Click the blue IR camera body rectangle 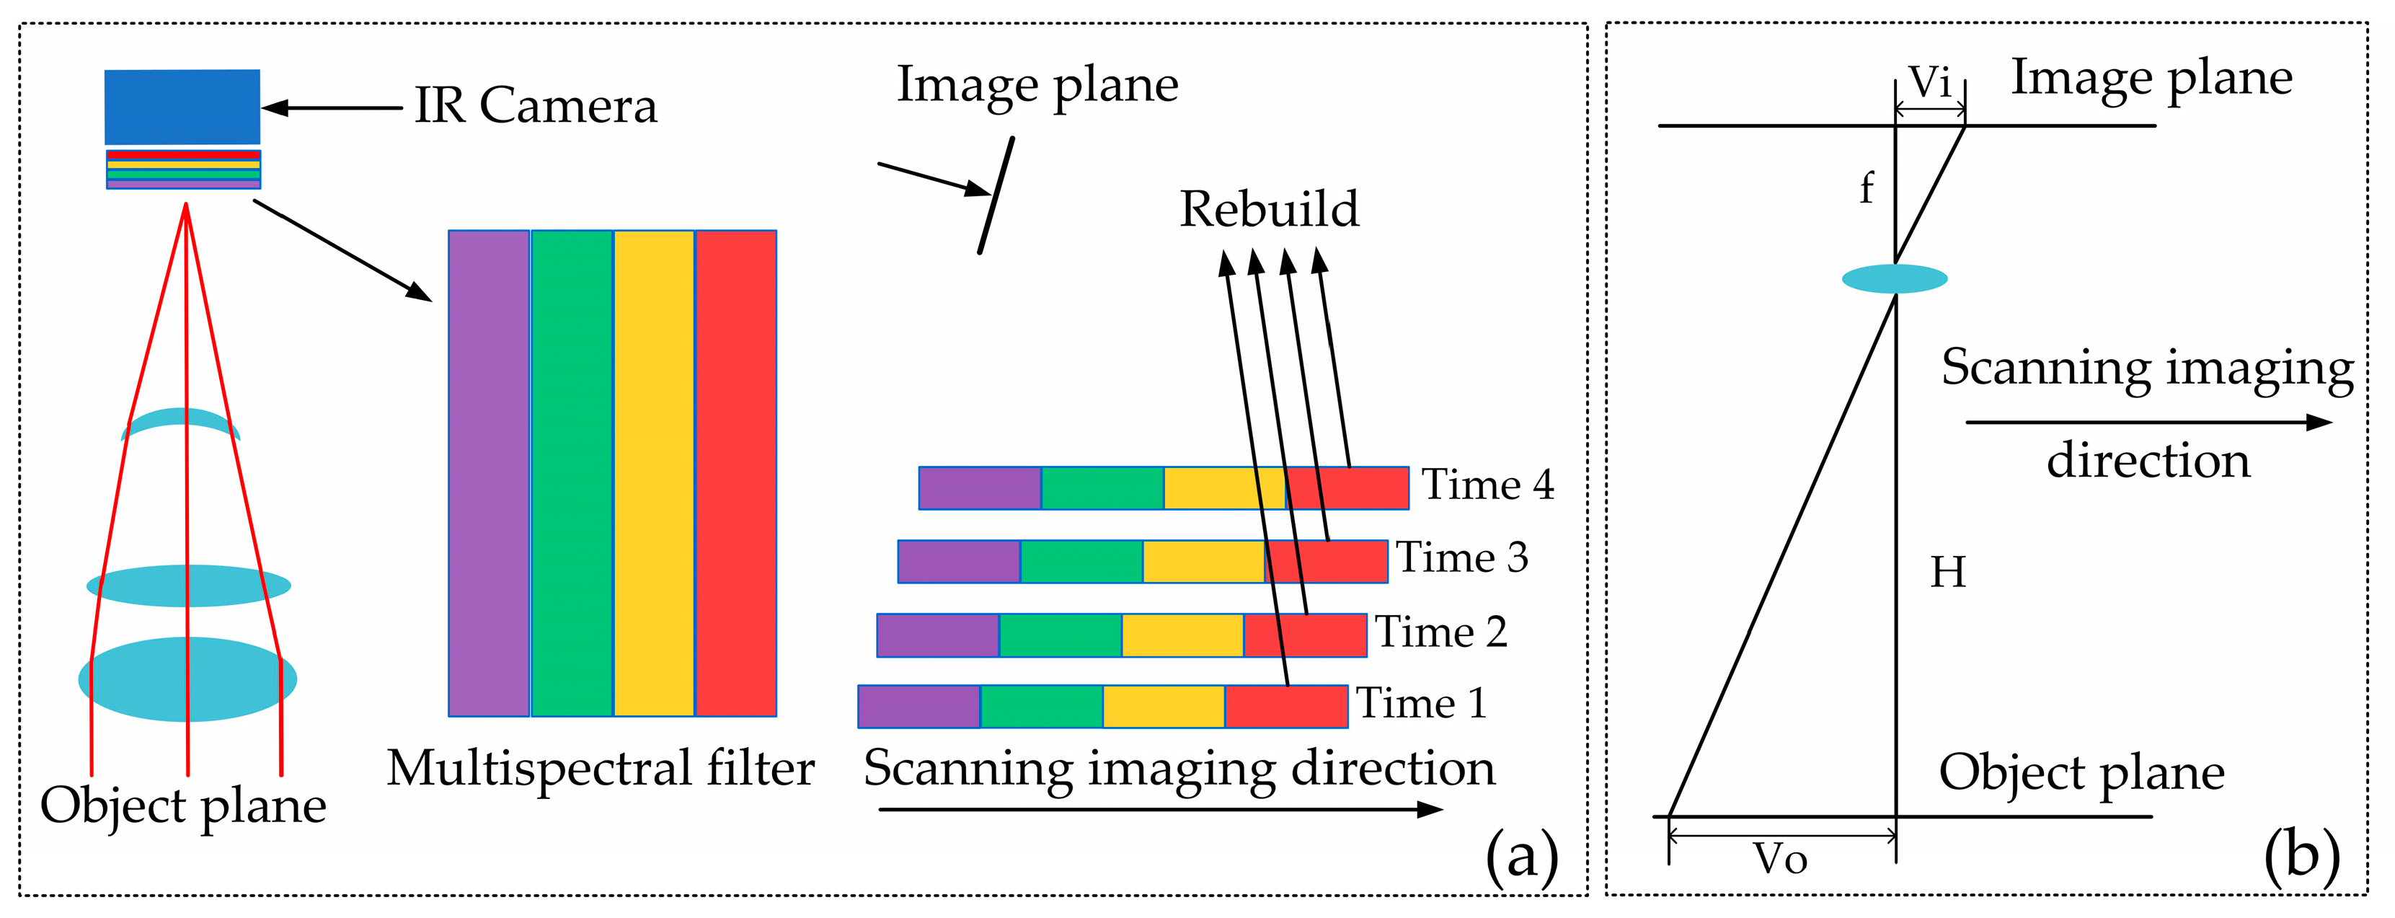[x=182, y=106]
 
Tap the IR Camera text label [x=536, y=106]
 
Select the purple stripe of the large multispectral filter [x=489, y=473]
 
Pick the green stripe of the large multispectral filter [x=572, y=473]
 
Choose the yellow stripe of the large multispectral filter [x=654, y=473]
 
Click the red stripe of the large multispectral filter [x=736, y=473]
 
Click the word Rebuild [x=1269, y=209]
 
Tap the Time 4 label [x=1487, y=485]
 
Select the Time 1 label [x=1422, y=703]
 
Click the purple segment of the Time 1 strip [x=918, y=707]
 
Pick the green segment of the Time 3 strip [x=1081, y=562]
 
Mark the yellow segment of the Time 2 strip [x=1182, y=635]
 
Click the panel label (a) [x=1521, y=854]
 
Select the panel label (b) [x=2301, y=854]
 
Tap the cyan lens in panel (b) [x=1895, y=279]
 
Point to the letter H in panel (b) [x=1949, y=572]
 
